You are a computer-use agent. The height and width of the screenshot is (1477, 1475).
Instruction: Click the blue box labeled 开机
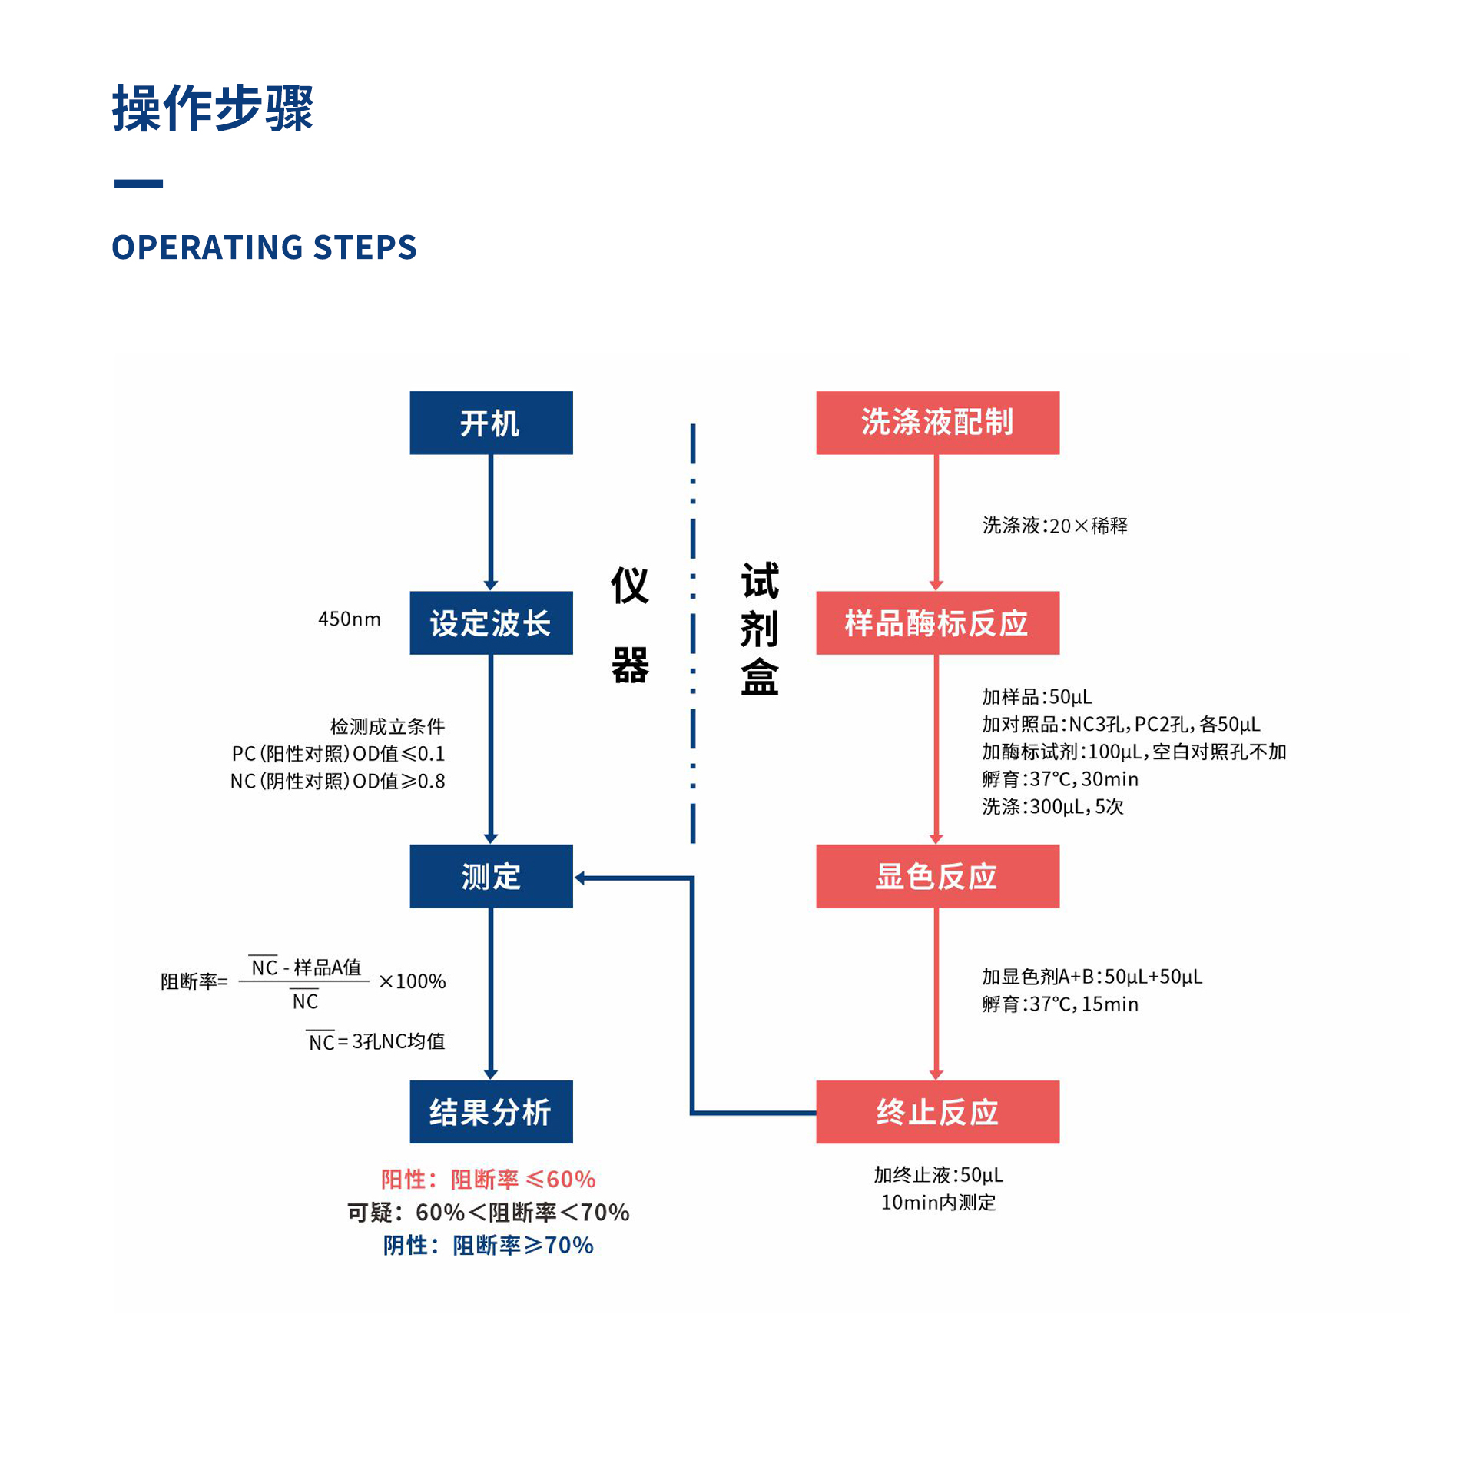click(491, 423)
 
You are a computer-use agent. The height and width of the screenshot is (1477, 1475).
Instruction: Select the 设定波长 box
click(491, 622)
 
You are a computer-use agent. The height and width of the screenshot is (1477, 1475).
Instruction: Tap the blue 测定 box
click(491, 876)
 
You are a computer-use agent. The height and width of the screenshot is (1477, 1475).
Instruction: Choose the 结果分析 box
click(491, 1112)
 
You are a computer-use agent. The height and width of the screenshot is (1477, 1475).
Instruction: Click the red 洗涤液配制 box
click(937, 423)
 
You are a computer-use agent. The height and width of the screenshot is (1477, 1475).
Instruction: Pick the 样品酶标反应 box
click(937, 622)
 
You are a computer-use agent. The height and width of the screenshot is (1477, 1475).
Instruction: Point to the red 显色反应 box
click(937, 876)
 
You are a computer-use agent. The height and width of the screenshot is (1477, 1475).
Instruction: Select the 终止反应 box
click(937, 1112)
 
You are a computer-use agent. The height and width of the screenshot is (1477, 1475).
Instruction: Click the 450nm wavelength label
click(350, 619)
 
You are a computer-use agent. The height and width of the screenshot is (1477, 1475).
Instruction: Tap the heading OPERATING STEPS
click(264, 247)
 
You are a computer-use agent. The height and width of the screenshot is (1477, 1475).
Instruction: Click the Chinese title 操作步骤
click(213, 108)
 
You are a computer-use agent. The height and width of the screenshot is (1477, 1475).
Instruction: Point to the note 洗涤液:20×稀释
click(1055, 526)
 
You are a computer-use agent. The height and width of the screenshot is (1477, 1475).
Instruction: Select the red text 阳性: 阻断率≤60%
click(489, 1179)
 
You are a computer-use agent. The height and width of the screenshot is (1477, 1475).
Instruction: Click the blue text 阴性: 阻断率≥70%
click(489, 1245)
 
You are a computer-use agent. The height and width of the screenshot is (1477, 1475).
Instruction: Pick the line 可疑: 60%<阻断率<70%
click(489, 1212)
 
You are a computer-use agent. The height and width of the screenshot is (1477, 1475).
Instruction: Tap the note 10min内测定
click(938, 1202)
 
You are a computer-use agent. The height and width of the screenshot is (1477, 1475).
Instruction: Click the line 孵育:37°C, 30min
click(1060, 779)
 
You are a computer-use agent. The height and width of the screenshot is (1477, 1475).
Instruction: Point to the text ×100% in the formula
click(413, 981)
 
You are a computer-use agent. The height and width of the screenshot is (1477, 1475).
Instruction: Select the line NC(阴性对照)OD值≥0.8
click(338, 781)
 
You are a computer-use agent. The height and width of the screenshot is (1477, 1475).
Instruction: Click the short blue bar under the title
click(138, 184)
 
